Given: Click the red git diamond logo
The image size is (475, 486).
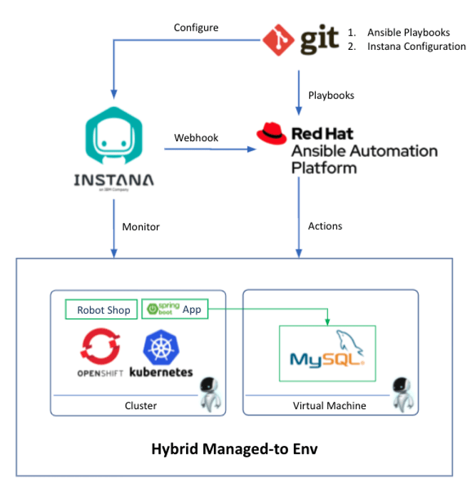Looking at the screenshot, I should coord(279,40).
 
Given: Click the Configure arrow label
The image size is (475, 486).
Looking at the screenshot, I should coord(196,28).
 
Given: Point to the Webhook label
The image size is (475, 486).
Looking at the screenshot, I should coord(196,138).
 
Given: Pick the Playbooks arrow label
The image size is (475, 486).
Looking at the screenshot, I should coord(331,95).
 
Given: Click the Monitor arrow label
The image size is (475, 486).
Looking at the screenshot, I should coord(141,227).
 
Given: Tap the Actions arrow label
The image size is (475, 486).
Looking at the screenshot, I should coord(325,226).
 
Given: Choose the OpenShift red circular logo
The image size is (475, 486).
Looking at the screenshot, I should coord(95,347).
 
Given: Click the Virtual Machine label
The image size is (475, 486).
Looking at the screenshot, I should coord(330,405).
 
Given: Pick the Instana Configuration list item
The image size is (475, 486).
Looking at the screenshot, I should coord(417,47).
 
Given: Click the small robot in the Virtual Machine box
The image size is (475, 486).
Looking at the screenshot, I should coord(402,394).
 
